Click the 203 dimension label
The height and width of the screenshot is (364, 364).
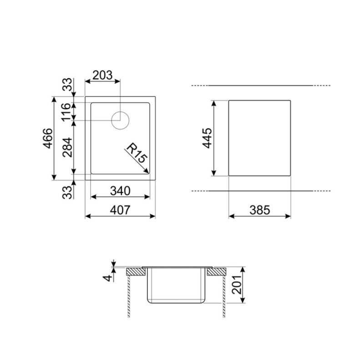pyautogui.click(x=102, y=76)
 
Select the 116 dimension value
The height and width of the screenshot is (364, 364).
pyautogui.click(x=67, y=111)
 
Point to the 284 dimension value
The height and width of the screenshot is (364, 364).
pyautogui.click(x=67, y=147)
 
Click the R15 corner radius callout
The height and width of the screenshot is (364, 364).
pyautogui.click(x=136, y=153)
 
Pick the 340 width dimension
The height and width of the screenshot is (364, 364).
pyautogui.click(x=121, y=191)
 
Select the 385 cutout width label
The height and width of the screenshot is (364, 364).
pyautogui.click(x=260, y=210)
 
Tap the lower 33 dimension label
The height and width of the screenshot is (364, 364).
pyautogui.click(x=67, y=192)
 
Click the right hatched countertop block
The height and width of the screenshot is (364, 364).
pyautogui.click(x=217, y=272)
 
